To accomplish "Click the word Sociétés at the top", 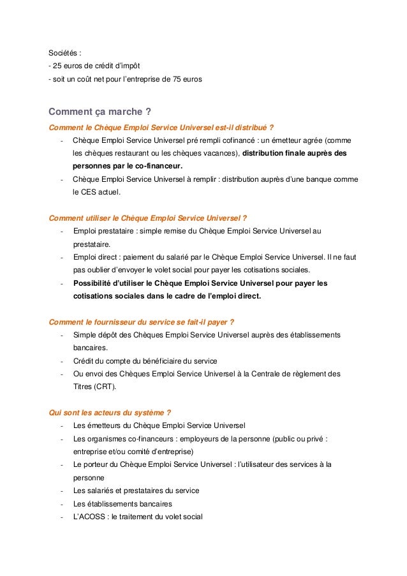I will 64,52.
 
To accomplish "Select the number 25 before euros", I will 58,66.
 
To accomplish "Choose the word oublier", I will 103,270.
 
